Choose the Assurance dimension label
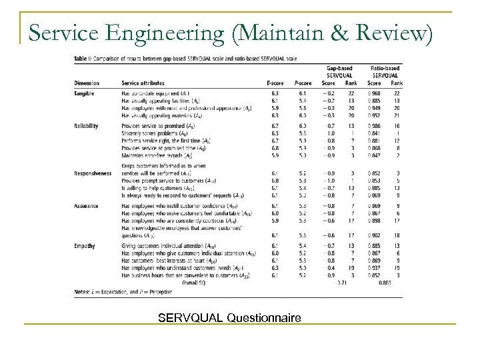86,207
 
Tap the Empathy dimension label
84,246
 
